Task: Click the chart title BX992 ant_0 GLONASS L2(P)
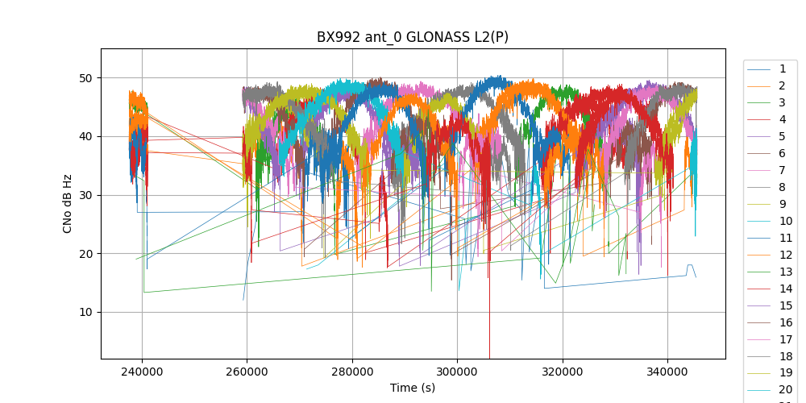(413, 37)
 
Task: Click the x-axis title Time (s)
(413, 388)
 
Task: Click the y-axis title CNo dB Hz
(68, 203)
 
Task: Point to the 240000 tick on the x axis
(142, 372)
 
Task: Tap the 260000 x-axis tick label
(247, 372)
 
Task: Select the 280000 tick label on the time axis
(352, 372)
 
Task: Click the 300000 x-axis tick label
(457, 372)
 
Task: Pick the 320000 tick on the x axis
(563, 372)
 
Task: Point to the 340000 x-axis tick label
(667, 372)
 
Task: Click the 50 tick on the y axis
(86, 78)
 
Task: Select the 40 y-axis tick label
(86, 137)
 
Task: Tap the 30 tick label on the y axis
(86, 195)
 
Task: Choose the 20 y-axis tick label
(86, 254)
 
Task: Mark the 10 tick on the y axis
(86, 313)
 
